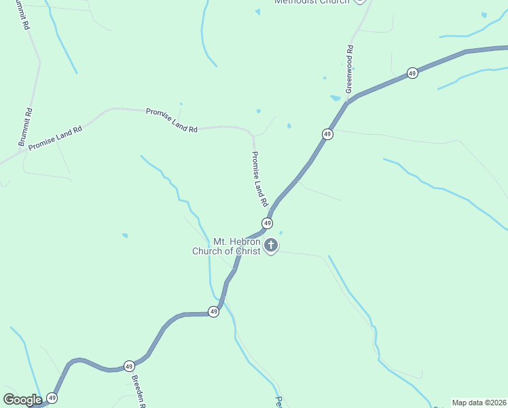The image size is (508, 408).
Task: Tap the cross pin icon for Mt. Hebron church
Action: click(271, 245)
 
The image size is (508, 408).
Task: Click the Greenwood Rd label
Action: click(349, 69)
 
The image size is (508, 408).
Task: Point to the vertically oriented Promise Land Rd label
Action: click(259, 180)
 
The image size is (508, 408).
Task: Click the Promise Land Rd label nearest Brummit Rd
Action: click(55, 137)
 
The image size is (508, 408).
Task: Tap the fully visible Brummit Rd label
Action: click(25, 127)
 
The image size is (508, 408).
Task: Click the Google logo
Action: click(22, 400)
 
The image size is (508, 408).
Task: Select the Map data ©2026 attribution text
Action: click(479, 403)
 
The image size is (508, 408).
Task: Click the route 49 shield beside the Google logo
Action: click(52, 398)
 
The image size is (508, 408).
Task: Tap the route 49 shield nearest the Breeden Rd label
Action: click(129, 366)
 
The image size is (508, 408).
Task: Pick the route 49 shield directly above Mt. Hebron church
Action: click(268, 223)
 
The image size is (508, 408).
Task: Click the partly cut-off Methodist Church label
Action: click(312, 2)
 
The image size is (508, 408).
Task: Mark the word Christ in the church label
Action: click(247, 251)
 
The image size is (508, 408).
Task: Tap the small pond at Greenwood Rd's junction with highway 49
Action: click(335, 98)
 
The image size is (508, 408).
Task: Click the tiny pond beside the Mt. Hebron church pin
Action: click(280, 233)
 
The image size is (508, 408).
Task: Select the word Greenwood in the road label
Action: click(349, 74)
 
